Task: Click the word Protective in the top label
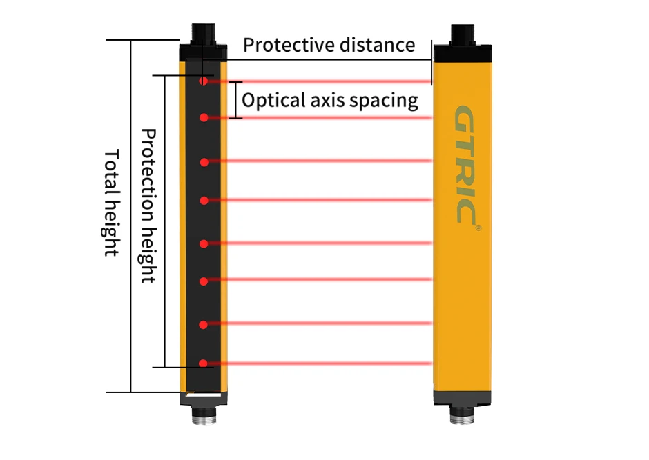(282, 45)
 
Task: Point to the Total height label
(110, 203)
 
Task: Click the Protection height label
(148, 206)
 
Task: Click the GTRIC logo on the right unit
(465, 165)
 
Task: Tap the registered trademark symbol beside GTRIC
(478, 228)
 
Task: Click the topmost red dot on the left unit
(203, 81)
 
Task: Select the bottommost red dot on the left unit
(203, 363)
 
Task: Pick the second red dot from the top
(204, 118)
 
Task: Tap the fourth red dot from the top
(204, 201)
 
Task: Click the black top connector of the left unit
(203, 34)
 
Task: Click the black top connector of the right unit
(463, 34)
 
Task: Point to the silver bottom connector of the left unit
(204, 414)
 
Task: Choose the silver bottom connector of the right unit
(462, 414)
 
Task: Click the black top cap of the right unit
(463, 53)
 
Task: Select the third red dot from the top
(204, 162)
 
